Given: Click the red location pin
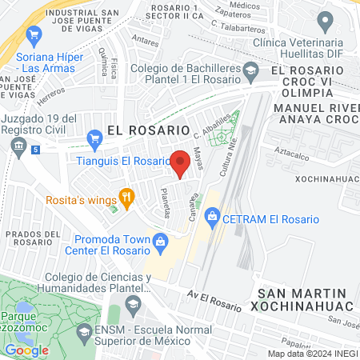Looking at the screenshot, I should click(x=181, y=159).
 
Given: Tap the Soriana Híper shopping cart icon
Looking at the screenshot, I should click(x=34, y=34).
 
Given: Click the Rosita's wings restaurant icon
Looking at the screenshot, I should click(x=126, y=195).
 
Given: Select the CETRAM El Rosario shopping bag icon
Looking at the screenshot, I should click(x=212, y=214).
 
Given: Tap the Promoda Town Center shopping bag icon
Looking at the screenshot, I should click(x=160, y=241).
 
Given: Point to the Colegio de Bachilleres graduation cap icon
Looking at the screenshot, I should click(x=250, y=71).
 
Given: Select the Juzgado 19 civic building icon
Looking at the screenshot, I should click(x=18, y=146).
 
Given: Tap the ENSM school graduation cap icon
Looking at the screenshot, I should click(x=84, y=331).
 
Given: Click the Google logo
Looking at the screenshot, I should click(x=26, y=350).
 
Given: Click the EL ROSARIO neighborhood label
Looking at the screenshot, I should click(x=148, y=128).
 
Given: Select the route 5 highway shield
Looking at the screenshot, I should click(x=36, y=149).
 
